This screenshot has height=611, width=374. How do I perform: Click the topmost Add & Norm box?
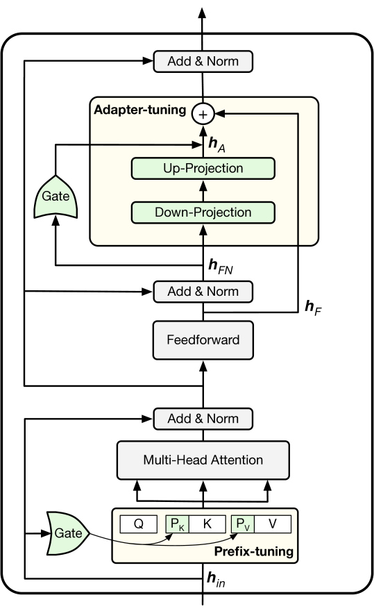203,61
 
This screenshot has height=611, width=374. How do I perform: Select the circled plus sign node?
203,114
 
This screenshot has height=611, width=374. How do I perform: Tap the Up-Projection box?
203,168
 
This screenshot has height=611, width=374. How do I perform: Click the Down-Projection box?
203,212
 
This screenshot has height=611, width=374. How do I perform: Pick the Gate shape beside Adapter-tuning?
56,196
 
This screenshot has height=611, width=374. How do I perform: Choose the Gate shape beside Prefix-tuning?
68,533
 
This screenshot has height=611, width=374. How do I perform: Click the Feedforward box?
203,340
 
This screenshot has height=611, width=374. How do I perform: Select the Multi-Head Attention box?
203,460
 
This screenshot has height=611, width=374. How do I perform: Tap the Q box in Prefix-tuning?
139,524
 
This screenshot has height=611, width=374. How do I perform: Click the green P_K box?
178,524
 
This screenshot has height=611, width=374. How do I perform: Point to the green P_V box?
243,524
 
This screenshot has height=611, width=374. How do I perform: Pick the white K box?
207,524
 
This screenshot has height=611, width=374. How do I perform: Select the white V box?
273,524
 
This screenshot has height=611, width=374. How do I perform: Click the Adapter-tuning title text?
140,110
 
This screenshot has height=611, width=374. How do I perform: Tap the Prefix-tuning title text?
254,551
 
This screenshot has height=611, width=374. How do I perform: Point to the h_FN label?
221,266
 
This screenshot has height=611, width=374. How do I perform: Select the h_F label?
313,308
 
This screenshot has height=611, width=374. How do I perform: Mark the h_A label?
217,144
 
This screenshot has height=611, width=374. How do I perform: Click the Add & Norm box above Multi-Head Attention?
203,419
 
